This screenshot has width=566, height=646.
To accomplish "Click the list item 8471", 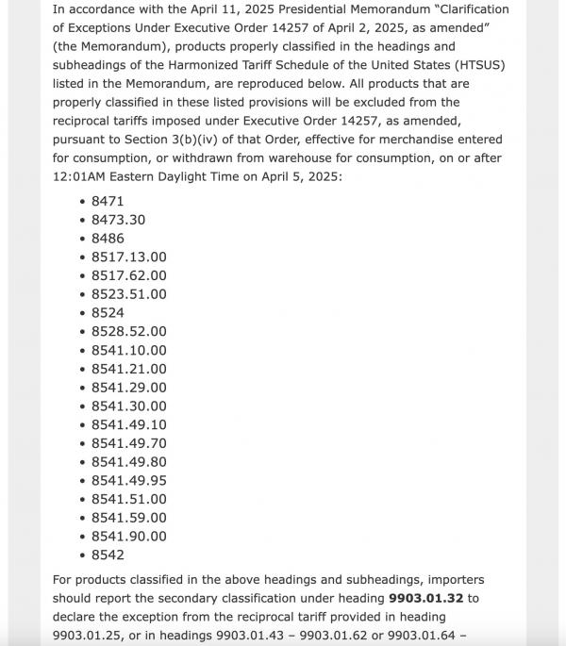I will (108, 201).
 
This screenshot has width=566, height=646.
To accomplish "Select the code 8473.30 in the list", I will (118, 220).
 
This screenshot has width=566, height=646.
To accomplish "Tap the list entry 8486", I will (108, 239).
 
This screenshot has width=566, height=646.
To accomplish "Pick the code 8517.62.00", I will (128, 275).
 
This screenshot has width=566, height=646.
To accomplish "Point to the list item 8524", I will (108, 312).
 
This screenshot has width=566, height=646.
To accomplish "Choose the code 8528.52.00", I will (128, 331).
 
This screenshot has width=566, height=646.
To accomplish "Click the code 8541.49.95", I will (128, 480).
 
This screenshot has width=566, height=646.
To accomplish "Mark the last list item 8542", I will (108, 555).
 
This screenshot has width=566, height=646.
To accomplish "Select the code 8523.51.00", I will (128, 294).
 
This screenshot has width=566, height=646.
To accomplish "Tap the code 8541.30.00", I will (128, 406).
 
